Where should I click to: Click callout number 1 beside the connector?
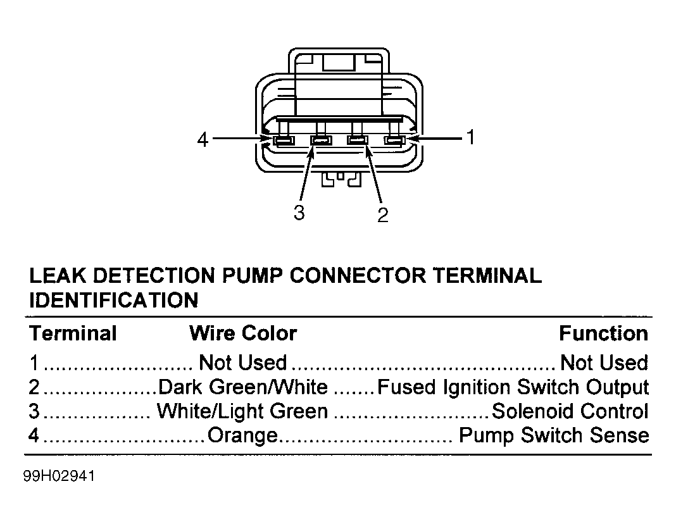click(x=471, y=137)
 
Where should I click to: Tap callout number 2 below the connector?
click(x=383, y=215)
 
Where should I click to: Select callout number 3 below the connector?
click(x=299, y=213)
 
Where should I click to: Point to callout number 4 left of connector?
click(x=203, y=140)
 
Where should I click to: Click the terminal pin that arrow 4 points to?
click(x=283, y=140)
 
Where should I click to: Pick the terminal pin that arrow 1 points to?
click(x=394, y=140)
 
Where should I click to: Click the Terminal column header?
click(x=73, y=333)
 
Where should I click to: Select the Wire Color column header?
click(x=243, y=333)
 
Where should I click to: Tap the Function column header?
click(x=604, y=333)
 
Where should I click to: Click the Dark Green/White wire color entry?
click(x=243, y=387)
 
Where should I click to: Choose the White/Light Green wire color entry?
click(x=242, y=411)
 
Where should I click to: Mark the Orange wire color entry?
click(x=242, y=435)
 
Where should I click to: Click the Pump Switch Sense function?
click(x=554, y=435)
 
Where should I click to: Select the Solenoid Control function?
click(x=570, y=411)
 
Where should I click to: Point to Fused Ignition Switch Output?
click(x=513, y=387)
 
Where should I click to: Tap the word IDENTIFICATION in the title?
click(x=114, y=300)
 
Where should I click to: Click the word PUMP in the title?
click(x=252, y=276)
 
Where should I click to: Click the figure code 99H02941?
click(x=59, y=476)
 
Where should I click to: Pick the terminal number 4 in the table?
click(x=34, y=435)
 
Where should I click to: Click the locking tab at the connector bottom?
click(x=341, y=180)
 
